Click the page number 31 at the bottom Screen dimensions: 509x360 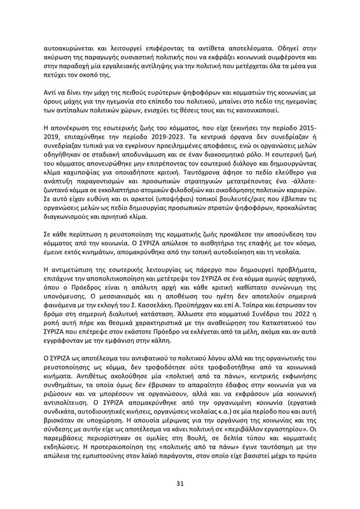(180, 484)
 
